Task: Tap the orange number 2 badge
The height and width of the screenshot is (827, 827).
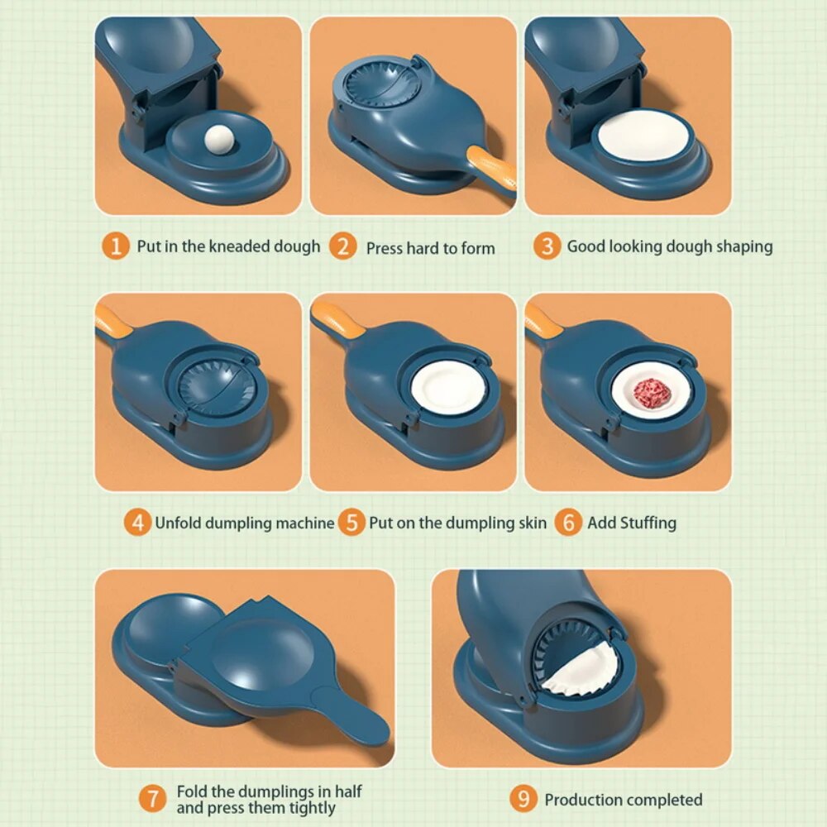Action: pos(342,246)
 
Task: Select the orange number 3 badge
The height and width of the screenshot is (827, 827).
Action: pos(546,246)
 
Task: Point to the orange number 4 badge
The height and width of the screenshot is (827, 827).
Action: pos(137,523)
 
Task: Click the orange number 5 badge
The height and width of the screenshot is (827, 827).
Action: pos(351,523)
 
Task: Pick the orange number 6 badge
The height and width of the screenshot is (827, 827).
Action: pos(567,523)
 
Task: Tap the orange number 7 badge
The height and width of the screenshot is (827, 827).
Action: pos(153,799)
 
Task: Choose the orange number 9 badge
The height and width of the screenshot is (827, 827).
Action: pos(523,799)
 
